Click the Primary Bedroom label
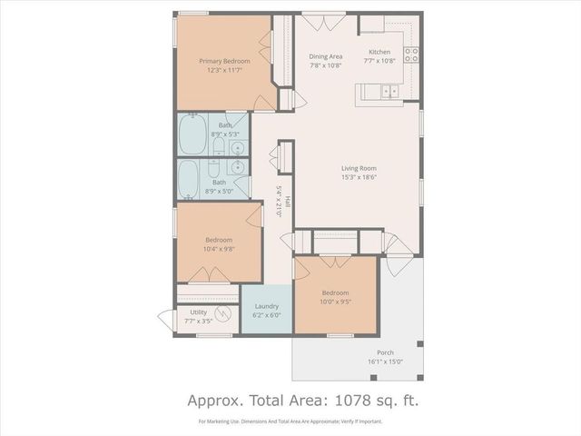(224, 61)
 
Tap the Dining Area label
(325, 55)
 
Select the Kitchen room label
(379, 53)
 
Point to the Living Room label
(359, 168)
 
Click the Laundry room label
(266, 306)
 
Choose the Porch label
(385, 352)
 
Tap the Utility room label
(198, 312)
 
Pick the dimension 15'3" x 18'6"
(359, 178)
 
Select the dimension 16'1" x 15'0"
(385, 362)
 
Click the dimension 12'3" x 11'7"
(224, 70)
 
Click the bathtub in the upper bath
(192, 135)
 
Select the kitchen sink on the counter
(389, 91)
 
